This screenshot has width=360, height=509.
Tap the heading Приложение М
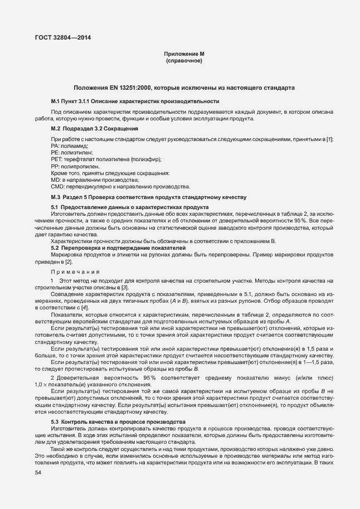(184, 54)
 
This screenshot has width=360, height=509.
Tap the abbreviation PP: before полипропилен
(56, 166)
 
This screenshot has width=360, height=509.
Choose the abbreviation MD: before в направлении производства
(56, 180)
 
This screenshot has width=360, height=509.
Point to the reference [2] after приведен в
(69, 261)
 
